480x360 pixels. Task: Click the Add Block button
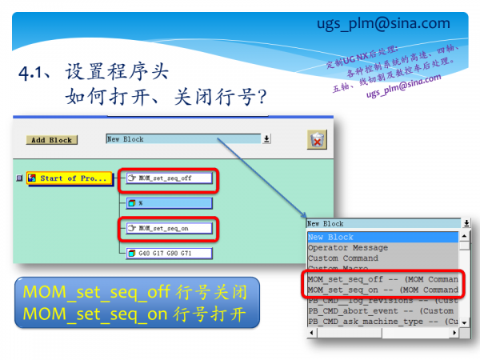(x=50, y=140)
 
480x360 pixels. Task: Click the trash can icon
(x=317, y=139)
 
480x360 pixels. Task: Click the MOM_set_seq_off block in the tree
(x=170, y=178)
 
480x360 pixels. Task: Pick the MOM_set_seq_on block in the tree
(x=169, y=228)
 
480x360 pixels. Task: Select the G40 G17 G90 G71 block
(x=169, y=254)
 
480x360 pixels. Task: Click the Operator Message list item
(x=348, y=248)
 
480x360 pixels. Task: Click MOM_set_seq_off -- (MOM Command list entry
(x=382, y=279)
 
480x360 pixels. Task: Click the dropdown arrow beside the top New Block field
(x=266, y=138)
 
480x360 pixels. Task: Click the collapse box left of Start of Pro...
(x=18, y=178)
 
